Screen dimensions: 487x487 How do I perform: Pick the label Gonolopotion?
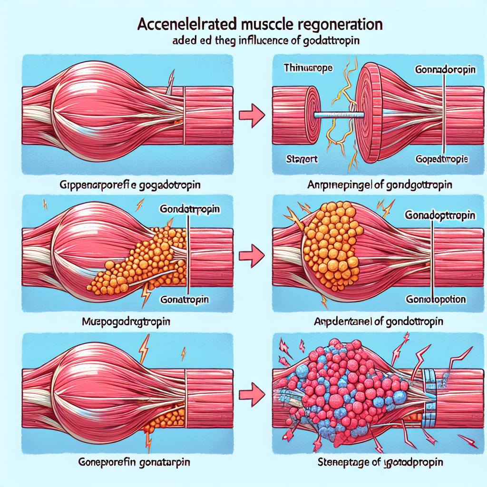[436, 300]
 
